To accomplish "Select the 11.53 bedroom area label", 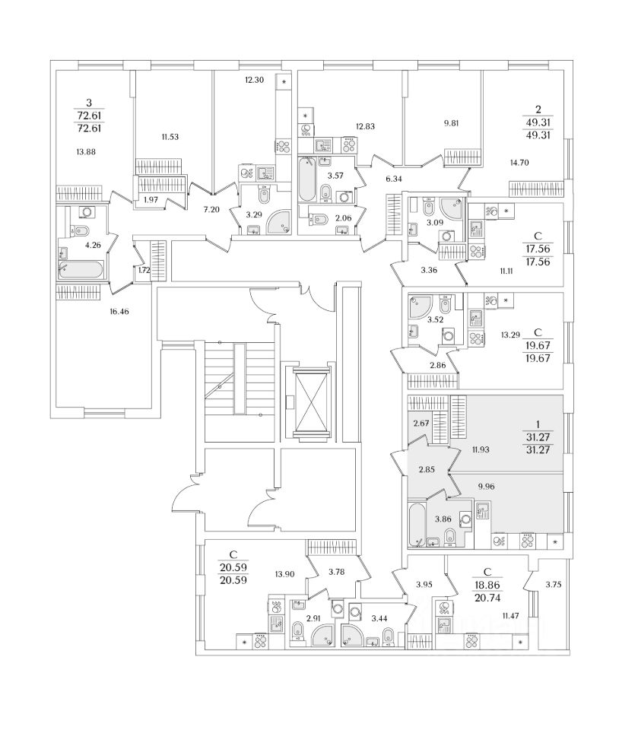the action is tap(170, 137).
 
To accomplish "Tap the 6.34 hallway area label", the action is tap(393, 179).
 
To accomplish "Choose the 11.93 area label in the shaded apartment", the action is tap(481, 449).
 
